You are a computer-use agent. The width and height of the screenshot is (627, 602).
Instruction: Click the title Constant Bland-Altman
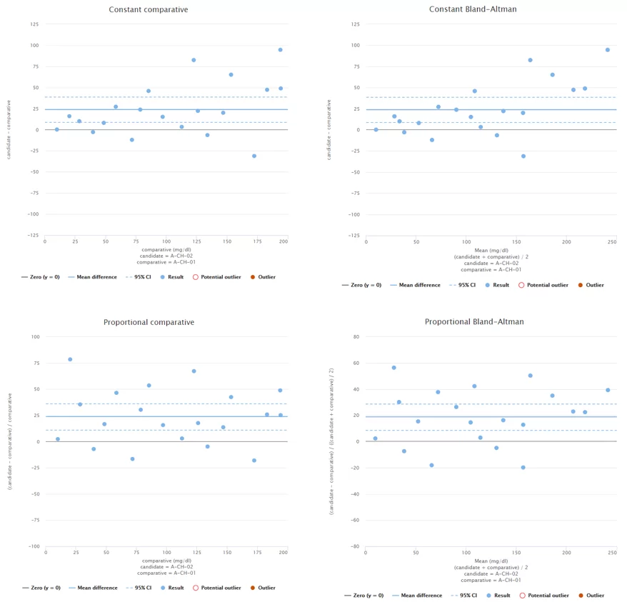(x=473, y=9)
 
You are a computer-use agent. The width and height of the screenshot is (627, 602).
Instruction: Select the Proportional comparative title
(x=149, y=322)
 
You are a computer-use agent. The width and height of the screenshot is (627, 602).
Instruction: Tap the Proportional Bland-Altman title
(x=474, y=322)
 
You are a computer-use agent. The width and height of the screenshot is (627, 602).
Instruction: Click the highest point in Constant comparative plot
(x=281, y=50)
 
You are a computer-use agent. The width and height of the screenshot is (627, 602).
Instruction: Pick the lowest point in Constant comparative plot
(x=254, y=156)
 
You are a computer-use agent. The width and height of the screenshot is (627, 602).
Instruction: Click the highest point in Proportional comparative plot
(x=70, y=359)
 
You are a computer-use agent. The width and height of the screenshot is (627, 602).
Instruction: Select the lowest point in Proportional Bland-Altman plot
(x=523, y=468)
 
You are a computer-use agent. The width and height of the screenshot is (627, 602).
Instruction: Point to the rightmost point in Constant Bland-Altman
(x=608, y=50)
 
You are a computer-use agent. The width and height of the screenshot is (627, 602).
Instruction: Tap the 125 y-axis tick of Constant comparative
(x=35, y=24)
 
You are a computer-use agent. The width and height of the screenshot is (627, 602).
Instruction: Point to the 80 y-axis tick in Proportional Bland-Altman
(x=356, y=336)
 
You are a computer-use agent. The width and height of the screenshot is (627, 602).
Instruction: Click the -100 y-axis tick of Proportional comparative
(x=34, y=546)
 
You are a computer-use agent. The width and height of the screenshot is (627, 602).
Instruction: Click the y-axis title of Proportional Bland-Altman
(x=333, y=441)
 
